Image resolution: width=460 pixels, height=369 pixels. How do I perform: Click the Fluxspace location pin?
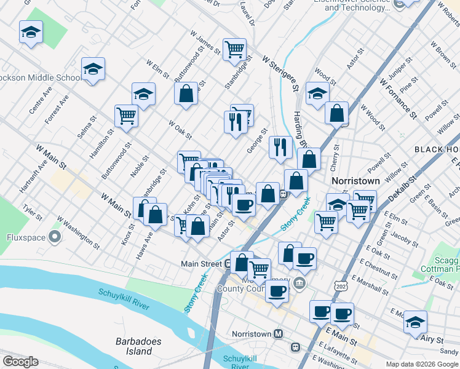click(x=56, y=236)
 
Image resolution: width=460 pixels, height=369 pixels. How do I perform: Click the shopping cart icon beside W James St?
click(x=234, y=49)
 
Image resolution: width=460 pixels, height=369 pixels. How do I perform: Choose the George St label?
click(x=258, y=141)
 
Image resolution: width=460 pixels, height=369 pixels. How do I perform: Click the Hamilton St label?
click(x=103, y=144)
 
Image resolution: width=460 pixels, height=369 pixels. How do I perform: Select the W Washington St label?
click(x=78, y=232)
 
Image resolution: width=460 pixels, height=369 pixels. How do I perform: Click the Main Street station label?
click(x=201, y=264)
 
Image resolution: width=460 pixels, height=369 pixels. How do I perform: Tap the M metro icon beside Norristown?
click(x=278, y=333)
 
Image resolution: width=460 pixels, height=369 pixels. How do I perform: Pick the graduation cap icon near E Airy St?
click(x=415, y=322)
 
